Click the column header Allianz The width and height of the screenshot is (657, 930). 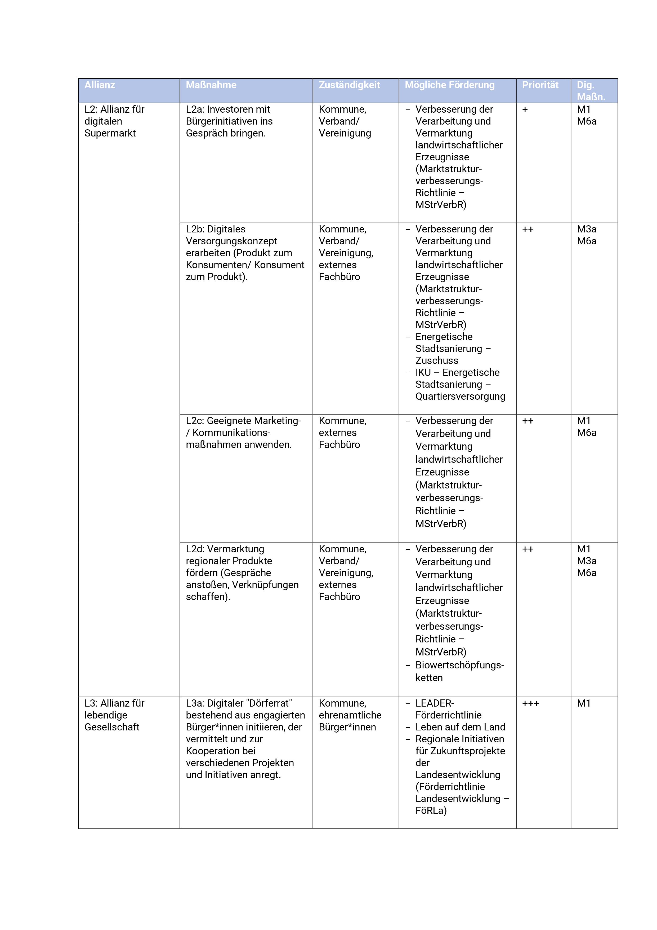pos(100,85)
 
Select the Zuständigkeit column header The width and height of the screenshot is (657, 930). pos(349,85)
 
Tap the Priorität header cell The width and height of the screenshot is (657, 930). pos(540,85)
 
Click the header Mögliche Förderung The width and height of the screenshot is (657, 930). pos(449,85)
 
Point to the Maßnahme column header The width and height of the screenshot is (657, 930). pos(211,85)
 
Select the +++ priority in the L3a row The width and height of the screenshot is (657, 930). pos(530,704)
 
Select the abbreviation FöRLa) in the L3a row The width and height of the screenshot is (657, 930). pos(431,810)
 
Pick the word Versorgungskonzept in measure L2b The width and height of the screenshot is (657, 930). pos(231,241)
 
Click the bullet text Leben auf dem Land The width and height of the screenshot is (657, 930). pos(460,727)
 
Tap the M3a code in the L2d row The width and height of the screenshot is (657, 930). pos(587,561)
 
